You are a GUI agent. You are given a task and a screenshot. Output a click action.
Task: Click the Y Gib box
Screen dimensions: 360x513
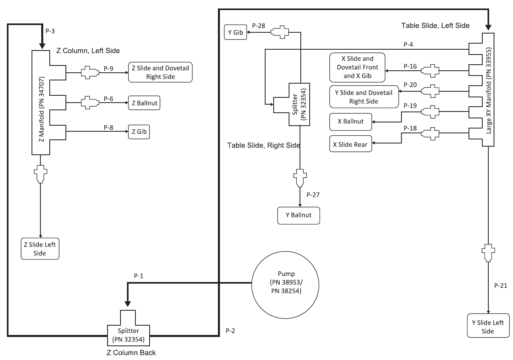click(235, 32)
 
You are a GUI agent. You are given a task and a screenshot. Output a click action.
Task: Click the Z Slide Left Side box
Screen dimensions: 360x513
click(40, 248)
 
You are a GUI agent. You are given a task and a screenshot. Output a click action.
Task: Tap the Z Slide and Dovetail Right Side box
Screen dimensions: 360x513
click(160, 73)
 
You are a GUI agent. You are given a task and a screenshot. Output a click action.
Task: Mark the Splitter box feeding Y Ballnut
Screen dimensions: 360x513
click(299, 104)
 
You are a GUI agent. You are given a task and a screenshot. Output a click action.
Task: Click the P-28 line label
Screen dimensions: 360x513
click(259, 26)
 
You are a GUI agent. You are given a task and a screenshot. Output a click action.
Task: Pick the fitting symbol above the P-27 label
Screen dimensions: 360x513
click(299, 177)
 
